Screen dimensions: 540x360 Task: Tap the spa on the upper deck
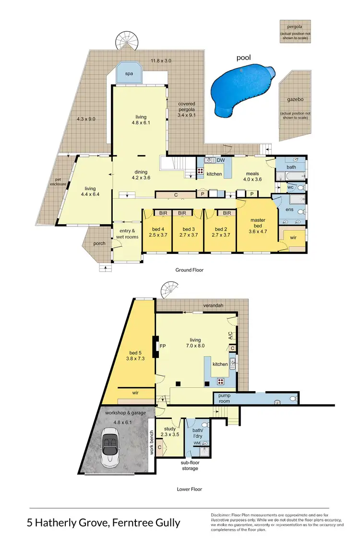tap(129, 73)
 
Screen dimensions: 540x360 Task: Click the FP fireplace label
tap(163, 345)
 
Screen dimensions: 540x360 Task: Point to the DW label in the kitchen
tap(221, 160)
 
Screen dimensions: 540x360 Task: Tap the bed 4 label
tap(156, 232)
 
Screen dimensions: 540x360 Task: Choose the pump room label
tap(225, 397)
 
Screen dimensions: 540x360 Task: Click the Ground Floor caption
tap(190, 270)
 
